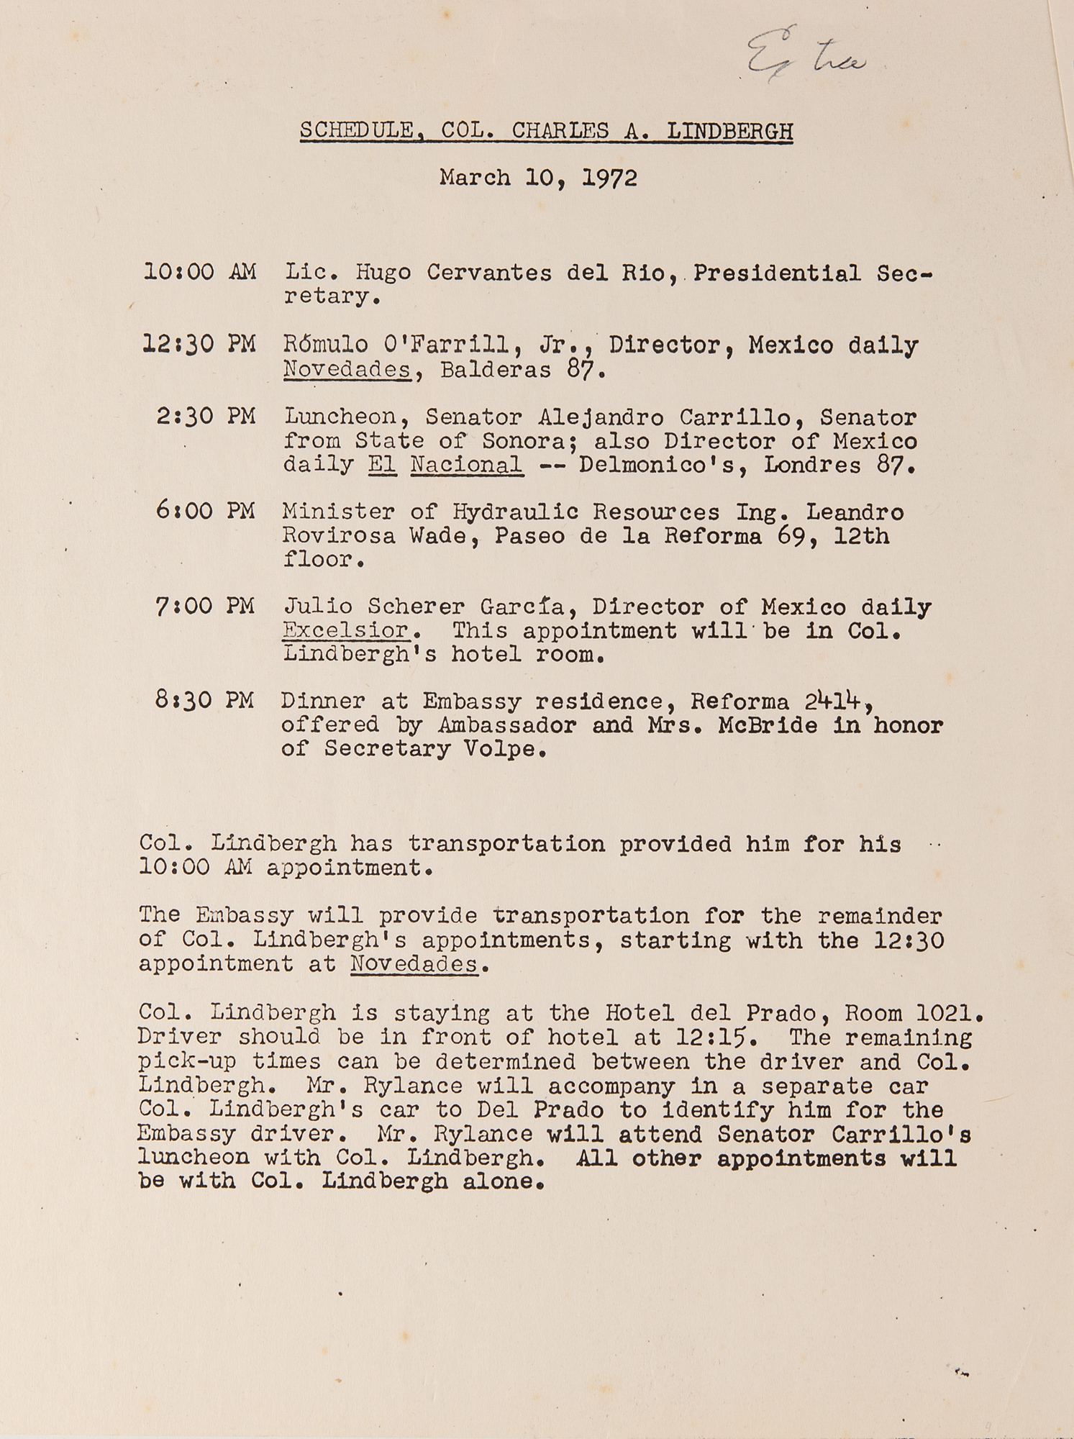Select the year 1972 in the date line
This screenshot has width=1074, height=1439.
click(609, 178)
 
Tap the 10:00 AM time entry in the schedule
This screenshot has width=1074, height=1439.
click(200, 272)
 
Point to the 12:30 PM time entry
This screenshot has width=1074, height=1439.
click(200, 345)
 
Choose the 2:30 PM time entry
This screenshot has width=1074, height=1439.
click(206, 417)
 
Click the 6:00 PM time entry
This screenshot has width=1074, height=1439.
click(206, 511)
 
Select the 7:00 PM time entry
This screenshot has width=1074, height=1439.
click(206, 606)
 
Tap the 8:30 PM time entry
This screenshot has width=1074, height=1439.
click(206, 700)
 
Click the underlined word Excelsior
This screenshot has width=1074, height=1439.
click(345, 630)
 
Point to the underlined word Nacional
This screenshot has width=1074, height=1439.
click(466, 465)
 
